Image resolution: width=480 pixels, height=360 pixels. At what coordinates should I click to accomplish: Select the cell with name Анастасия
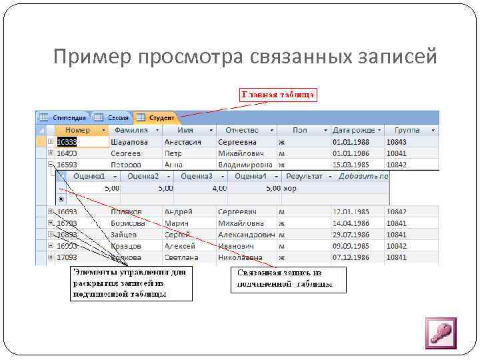pyautogui.click(x=183, y=142)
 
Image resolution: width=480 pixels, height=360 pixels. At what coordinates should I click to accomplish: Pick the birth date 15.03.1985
pyautogui.click(x=351, y=164)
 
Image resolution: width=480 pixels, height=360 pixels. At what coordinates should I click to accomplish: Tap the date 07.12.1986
pyautogui.click(x=351, y=256)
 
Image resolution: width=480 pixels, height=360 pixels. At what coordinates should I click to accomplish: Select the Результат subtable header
pyautogui.click(x=303, y=176)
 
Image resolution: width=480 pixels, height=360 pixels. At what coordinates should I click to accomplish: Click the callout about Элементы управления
pyautogui.click(x=131, y=283)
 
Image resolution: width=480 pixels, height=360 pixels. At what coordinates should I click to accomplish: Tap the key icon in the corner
pyautogui.click(x=440, y=333)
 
